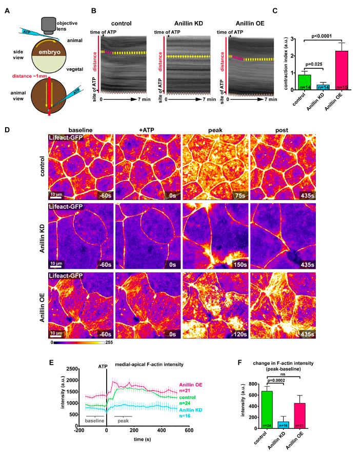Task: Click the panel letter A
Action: click(x=7, y=8)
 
